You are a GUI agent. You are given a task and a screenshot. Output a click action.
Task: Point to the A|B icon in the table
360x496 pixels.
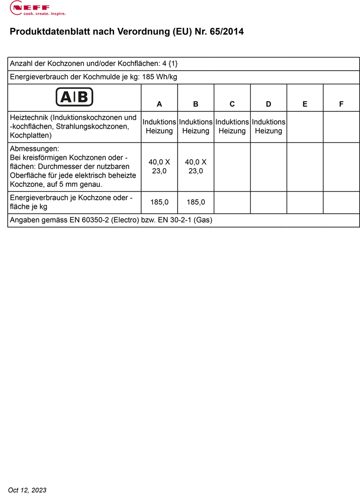pos(74,97)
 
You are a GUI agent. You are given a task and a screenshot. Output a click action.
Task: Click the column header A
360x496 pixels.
pos(159,104)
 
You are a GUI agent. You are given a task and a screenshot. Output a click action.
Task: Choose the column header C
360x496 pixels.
pos(232,104)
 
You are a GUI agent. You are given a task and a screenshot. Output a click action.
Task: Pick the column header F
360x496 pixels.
pos(341,104)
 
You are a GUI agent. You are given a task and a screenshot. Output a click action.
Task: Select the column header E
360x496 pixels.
pos(305,104)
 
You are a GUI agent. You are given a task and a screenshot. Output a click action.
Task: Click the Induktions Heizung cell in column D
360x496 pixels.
pos(268,126)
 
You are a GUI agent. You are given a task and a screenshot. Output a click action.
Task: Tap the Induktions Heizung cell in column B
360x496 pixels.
pos(195,126)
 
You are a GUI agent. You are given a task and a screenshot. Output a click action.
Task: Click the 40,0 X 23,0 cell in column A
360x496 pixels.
pos(159,166)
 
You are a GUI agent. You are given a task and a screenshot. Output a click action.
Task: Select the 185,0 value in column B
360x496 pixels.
pos(195,202)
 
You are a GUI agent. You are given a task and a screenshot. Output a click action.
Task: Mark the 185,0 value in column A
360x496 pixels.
pos(159,202)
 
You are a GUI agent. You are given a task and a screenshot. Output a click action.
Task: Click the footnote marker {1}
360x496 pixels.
pos(173,63)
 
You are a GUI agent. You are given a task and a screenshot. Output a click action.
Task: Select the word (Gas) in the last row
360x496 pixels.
pos(203,220)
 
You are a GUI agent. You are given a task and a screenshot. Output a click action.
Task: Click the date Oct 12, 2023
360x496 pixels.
pos(27,490)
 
